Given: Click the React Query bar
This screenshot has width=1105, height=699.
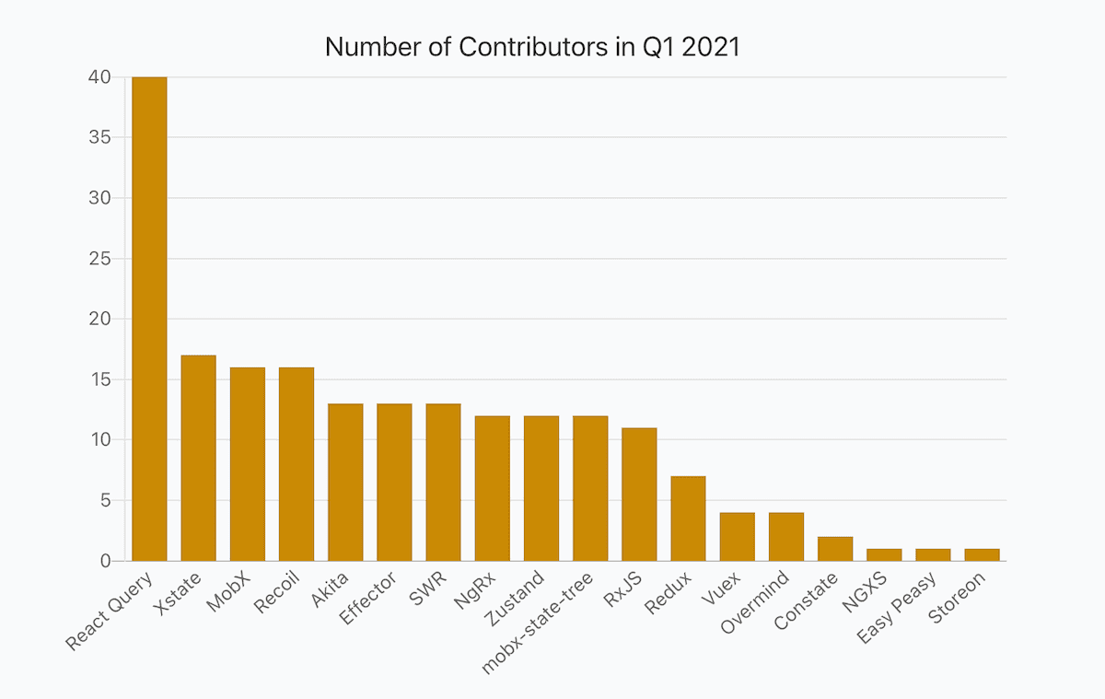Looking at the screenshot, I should (x=149, y=319).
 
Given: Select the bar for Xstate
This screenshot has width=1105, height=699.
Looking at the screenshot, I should (x=198, y=458).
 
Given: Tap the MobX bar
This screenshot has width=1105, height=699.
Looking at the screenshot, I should (x=248, y=464).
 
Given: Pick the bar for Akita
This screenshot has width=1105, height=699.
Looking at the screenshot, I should (x=345, y=482).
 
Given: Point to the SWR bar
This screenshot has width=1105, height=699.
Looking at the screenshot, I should (x=443, y=482).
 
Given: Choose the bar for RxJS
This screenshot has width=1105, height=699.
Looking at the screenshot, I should (x=639, y=494).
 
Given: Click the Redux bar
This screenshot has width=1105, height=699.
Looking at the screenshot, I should (x=688, y=518).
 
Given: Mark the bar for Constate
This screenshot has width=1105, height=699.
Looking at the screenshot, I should (x=835, y=549).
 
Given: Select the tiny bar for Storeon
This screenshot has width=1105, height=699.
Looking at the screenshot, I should (x=982, y=554).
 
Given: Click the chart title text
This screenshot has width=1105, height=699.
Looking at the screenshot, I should (x=532, y=47).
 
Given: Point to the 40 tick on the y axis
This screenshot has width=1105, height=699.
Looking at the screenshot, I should (x=99, y=77).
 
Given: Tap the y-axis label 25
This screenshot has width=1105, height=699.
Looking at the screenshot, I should (x=99, y=259).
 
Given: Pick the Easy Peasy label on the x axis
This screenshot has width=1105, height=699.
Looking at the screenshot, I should (x=897, y=609).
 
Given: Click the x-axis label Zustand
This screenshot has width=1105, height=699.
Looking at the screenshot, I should (x=518, y=600).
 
